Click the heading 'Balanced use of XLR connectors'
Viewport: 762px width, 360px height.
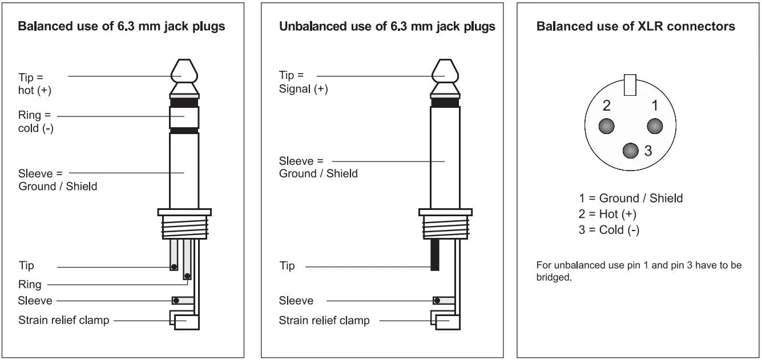[x=635, y=27]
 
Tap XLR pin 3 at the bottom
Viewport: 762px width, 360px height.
[x=630, y=151]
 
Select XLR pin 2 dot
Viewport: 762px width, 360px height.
[x=606, y=126]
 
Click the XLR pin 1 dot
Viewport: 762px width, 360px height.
[x=654, y=126]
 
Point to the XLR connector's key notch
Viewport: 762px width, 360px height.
[x=630, y=85]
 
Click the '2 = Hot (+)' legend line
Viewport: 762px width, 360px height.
[x=607, y=215]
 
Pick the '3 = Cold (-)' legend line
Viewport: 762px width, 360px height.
[x=608, y=230]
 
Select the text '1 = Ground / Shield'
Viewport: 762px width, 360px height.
[x=630, y=199]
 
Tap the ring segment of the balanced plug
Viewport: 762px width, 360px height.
[x=184, y=117]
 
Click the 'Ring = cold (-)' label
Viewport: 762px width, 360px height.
[x=35, y=122]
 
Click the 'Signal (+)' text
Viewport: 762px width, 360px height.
[x=303, y=89]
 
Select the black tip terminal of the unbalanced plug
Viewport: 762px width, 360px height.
[x=434, y=254]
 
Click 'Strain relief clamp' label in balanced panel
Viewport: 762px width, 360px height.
[x=63, y=319]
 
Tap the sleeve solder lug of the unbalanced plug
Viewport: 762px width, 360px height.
[x=444, y=300]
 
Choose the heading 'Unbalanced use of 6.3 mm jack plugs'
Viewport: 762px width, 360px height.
[x=387, y=27]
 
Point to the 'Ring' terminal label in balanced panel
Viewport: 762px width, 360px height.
[x=30, y=285]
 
